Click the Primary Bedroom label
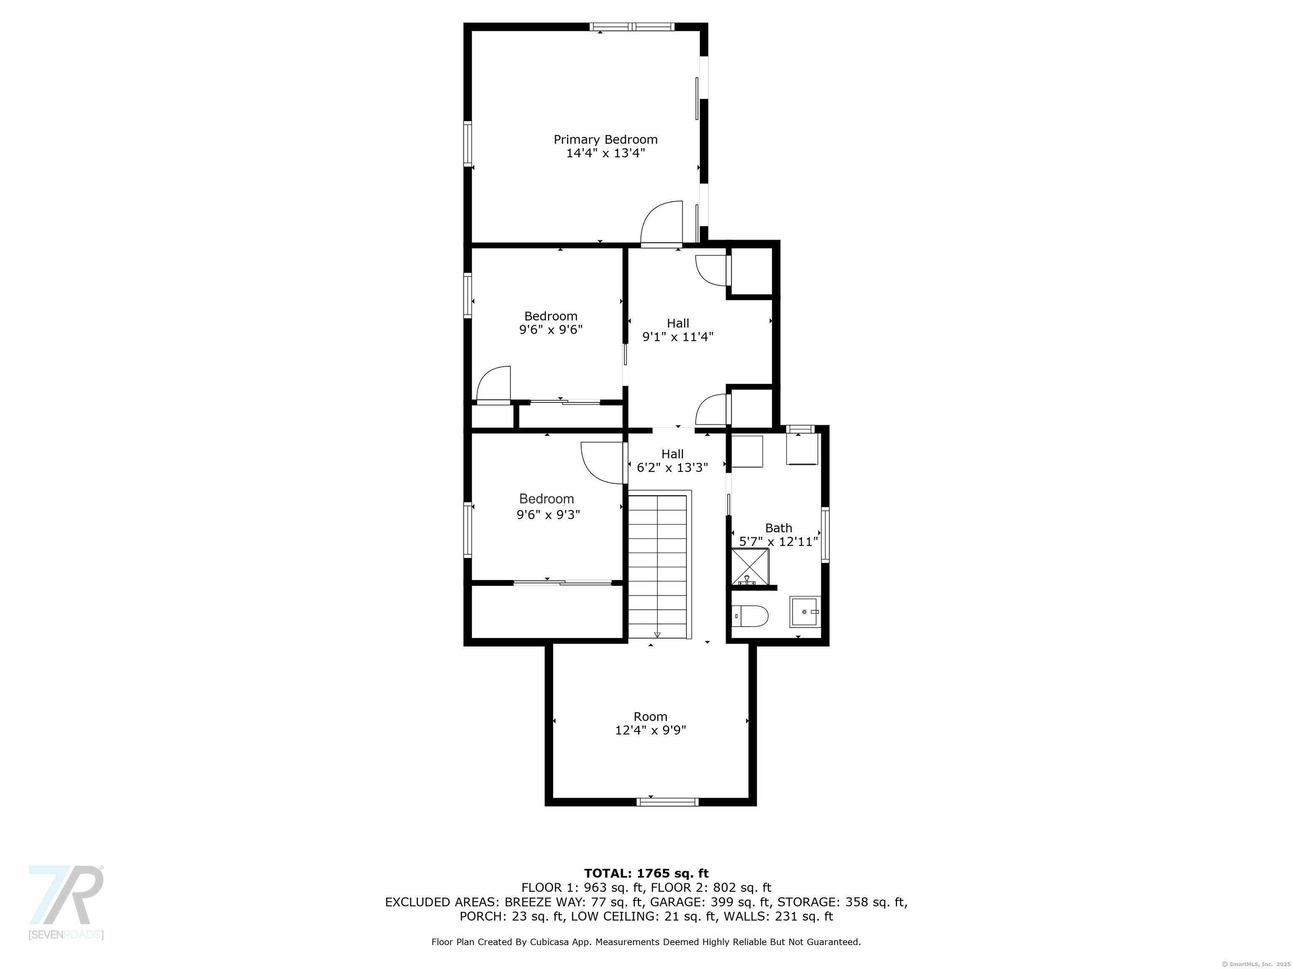coord(606,140)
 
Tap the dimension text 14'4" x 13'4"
coord(606,154)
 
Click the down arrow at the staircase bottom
coord(657,634)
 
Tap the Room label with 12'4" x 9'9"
coord(650,717)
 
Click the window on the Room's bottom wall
coord(667,802)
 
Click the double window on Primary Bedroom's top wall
coord(632,27)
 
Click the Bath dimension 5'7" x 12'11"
coord(778,541)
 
